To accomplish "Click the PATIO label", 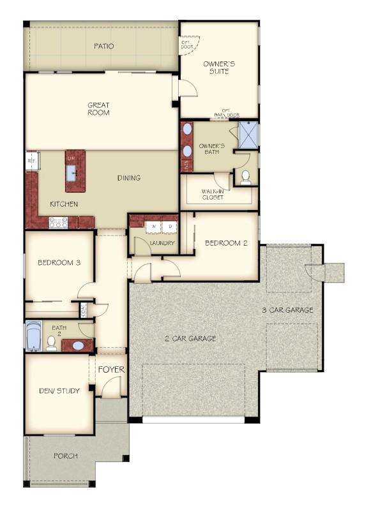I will (103, 46).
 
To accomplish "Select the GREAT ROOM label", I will (98, 109).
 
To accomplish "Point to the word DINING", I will (128, 178).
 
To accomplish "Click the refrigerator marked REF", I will (31, 161).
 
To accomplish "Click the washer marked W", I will (154, 227).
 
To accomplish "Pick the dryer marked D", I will (170, 227).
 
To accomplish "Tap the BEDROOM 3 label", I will (58, 262).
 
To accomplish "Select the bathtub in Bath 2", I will (34, 336).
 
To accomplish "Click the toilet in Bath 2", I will (51, 343).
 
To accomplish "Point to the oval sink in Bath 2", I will (77, 346).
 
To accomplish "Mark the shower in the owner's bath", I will (248, 134).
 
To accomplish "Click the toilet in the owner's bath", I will (245, 176).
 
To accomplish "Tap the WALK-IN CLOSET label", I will (213, 195).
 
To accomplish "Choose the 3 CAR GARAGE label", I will (287, 310).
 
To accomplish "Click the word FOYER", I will (111, 369).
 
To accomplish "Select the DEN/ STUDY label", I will (59, 391).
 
